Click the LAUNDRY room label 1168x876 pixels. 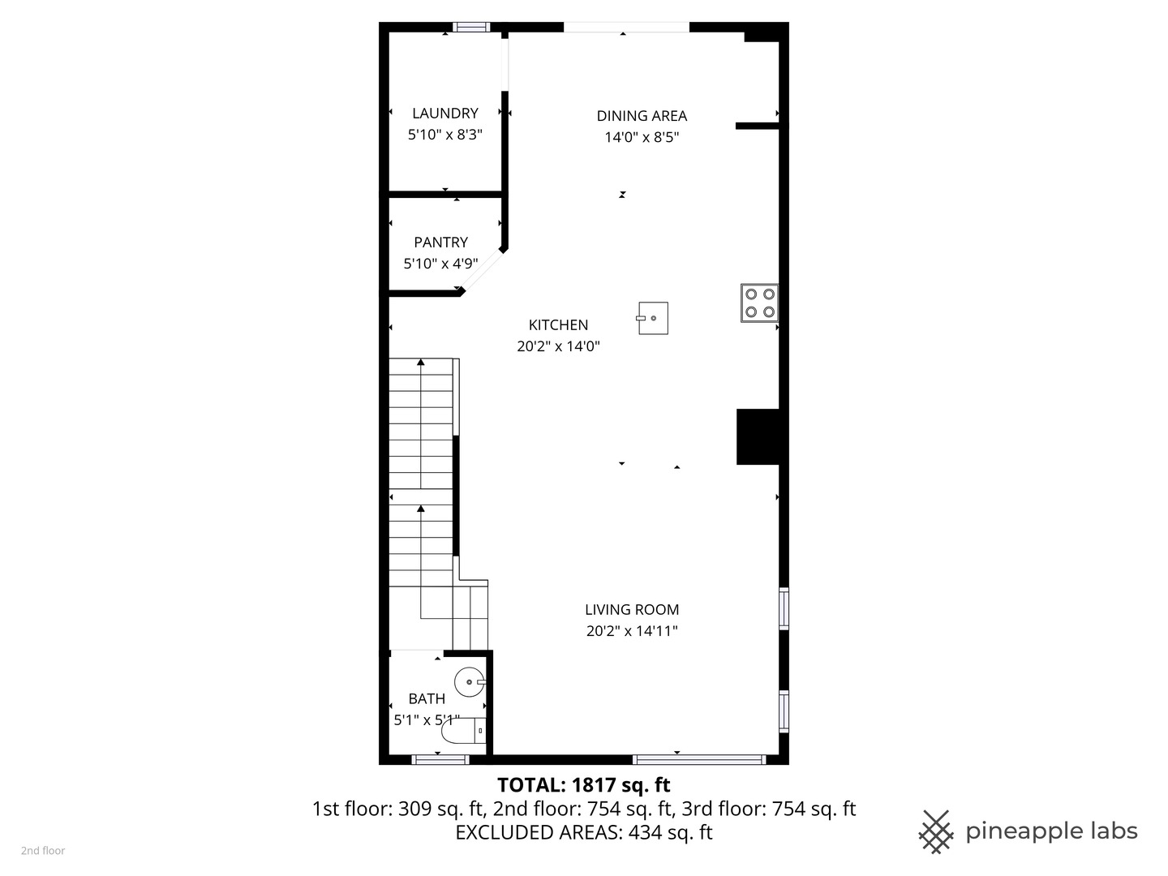click(444, 114)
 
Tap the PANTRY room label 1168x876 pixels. click(440, 243)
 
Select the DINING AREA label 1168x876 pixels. click(642, 116)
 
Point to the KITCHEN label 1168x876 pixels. click(558, 325)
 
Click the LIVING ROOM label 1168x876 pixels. click(632, 610)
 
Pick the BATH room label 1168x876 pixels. click(427, 699)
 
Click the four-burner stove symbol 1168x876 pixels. click(759, 303)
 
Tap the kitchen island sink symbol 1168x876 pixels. click(653, 318)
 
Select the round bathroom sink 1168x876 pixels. click(470, 682)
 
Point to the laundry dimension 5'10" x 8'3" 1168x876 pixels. click(444, 135)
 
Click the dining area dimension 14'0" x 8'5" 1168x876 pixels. click(642, 137)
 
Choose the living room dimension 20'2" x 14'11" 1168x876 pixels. click(632, 631)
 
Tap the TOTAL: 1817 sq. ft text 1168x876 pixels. click(583, 785)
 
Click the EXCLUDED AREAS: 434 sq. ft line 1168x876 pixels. click(583, 832)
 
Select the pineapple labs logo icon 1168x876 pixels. click(936, 831)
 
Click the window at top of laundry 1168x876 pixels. click(471, 28)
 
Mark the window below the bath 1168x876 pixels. click(440, 760)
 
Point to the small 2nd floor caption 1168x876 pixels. click(43, 851)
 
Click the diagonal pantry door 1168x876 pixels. click(483, 270)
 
